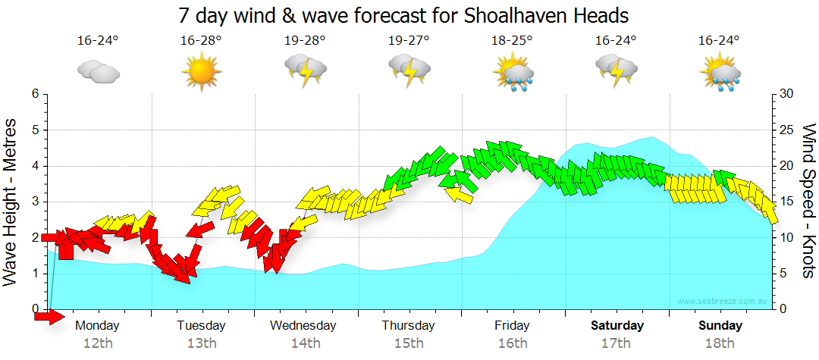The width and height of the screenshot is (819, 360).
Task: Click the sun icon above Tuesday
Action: pos(201,71)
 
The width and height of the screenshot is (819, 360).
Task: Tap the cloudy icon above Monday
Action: pos(98,72)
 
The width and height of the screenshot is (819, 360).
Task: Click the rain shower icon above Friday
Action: pos(513,73)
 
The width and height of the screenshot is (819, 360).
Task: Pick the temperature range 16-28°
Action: pos(201,41)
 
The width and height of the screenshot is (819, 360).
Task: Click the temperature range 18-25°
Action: pos(512,41)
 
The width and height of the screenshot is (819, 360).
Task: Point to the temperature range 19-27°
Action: pos(409,41)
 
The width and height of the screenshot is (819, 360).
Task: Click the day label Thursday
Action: pos(408,326)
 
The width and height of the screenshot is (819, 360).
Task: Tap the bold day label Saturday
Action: pos(617,326)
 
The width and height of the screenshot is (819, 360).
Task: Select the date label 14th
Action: pos(305,343)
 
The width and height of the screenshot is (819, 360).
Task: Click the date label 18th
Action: pos(720,343)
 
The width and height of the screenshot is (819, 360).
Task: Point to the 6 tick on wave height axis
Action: pos(35,94)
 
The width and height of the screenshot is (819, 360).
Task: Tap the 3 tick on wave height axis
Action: pos(35,202)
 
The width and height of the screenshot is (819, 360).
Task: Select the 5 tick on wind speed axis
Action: pos(784,274)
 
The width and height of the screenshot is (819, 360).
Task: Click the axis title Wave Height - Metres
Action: pos(11,202)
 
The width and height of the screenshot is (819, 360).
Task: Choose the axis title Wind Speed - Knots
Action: pos(807,202)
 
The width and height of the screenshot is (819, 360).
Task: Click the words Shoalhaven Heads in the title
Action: pos(557,14)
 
